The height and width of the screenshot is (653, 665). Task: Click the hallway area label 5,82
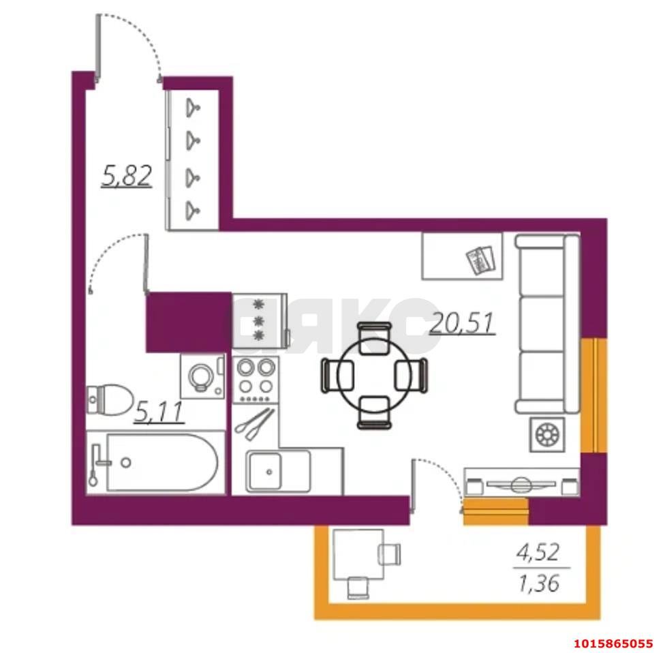(x=127, y=176)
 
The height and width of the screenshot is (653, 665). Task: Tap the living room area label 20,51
(x=462, y=323)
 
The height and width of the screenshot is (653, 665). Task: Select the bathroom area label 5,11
(x=159, y=412)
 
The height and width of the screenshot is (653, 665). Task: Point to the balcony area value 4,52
(x=538, y=553)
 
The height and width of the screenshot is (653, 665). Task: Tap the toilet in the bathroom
(x=109, y=399)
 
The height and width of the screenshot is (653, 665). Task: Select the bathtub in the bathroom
(x=155, y=463)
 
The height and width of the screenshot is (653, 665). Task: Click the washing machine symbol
(x=202, y=376)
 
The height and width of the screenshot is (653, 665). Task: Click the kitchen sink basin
(x=265, y=471)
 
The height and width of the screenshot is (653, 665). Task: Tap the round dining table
(x=375, y=375)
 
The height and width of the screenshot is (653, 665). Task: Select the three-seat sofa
(x=547, y=324)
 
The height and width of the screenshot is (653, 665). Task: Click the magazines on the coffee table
(x=480, y=260)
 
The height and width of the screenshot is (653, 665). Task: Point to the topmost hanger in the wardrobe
(x=193, y=106)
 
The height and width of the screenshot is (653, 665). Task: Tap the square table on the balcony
(x=358, y=554)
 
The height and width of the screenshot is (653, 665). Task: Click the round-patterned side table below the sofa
(x=548, y=435)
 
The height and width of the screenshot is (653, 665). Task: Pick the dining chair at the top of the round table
(x=375, y=337)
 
